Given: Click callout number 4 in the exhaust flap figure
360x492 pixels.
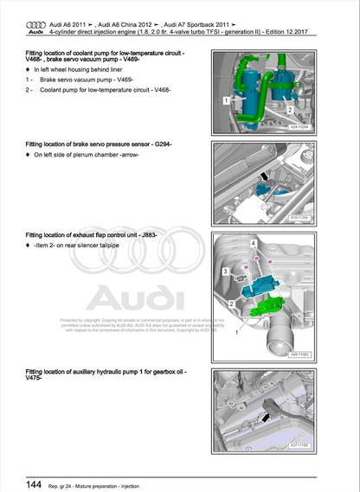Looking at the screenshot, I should coord(254,245).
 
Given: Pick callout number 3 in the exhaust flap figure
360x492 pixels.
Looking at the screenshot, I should coord(228,272).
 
